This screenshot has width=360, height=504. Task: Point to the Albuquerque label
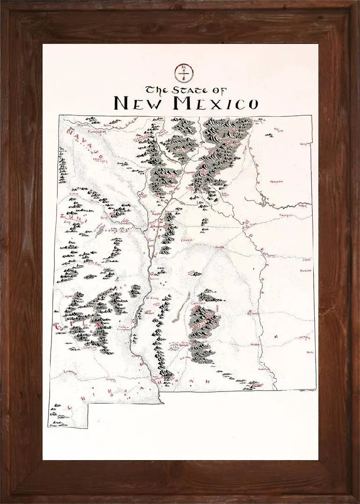coord(158,227)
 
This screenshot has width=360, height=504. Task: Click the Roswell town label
coord(253,313)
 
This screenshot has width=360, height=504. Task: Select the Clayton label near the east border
coord(305,144)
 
